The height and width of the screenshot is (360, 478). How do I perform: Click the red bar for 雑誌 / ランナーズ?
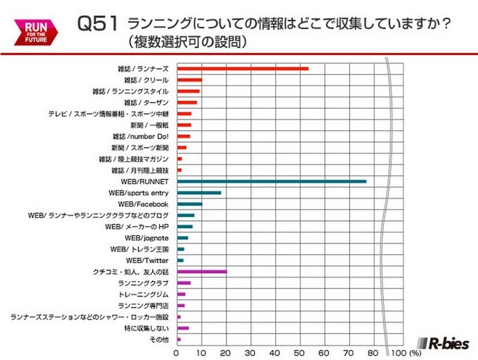pos(243,68)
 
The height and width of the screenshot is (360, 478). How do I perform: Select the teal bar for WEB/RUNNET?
pos(272,181)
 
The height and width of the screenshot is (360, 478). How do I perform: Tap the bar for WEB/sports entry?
pos(199,193)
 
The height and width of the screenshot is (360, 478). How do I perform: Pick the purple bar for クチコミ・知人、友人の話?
pos(202,272)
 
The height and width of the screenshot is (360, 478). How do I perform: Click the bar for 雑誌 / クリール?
pos(190,80)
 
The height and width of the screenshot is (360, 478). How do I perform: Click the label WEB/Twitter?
pos(148,260)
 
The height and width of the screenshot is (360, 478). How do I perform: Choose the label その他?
pos(159,339)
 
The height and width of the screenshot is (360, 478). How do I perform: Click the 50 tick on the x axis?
pos(299,353)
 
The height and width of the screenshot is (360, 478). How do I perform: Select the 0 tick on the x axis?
pos(177,353)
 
